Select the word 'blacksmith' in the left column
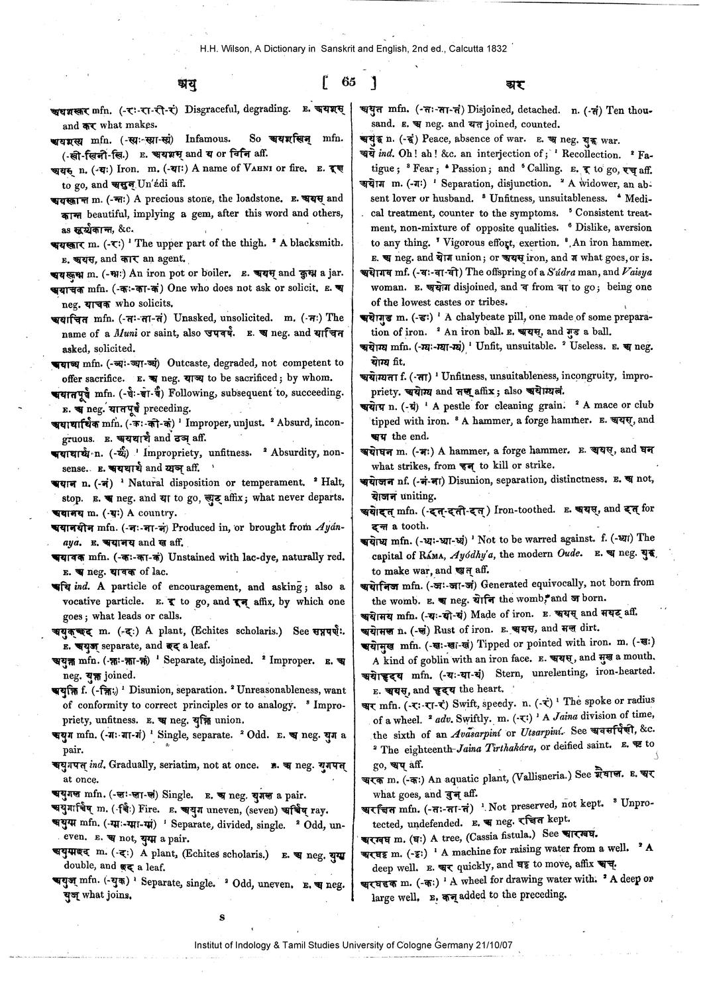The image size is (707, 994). click(x=318, y=243)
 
